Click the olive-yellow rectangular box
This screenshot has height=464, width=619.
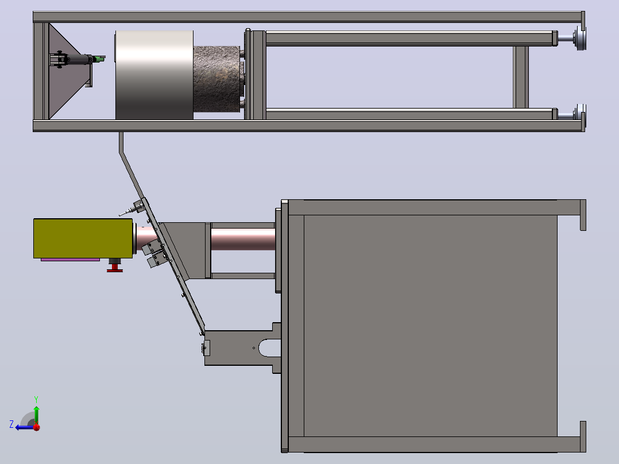[83, 238]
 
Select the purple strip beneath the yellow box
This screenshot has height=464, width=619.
[70, 260]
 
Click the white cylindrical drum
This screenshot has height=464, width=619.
[154, 75]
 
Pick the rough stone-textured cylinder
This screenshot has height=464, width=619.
[216, 79]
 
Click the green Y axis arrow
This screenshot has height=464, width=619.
[36, 415]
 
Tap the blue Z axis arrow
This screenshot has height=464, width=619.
[25, 427]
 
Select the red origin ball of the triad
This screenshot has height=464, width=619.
[37, 427]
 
